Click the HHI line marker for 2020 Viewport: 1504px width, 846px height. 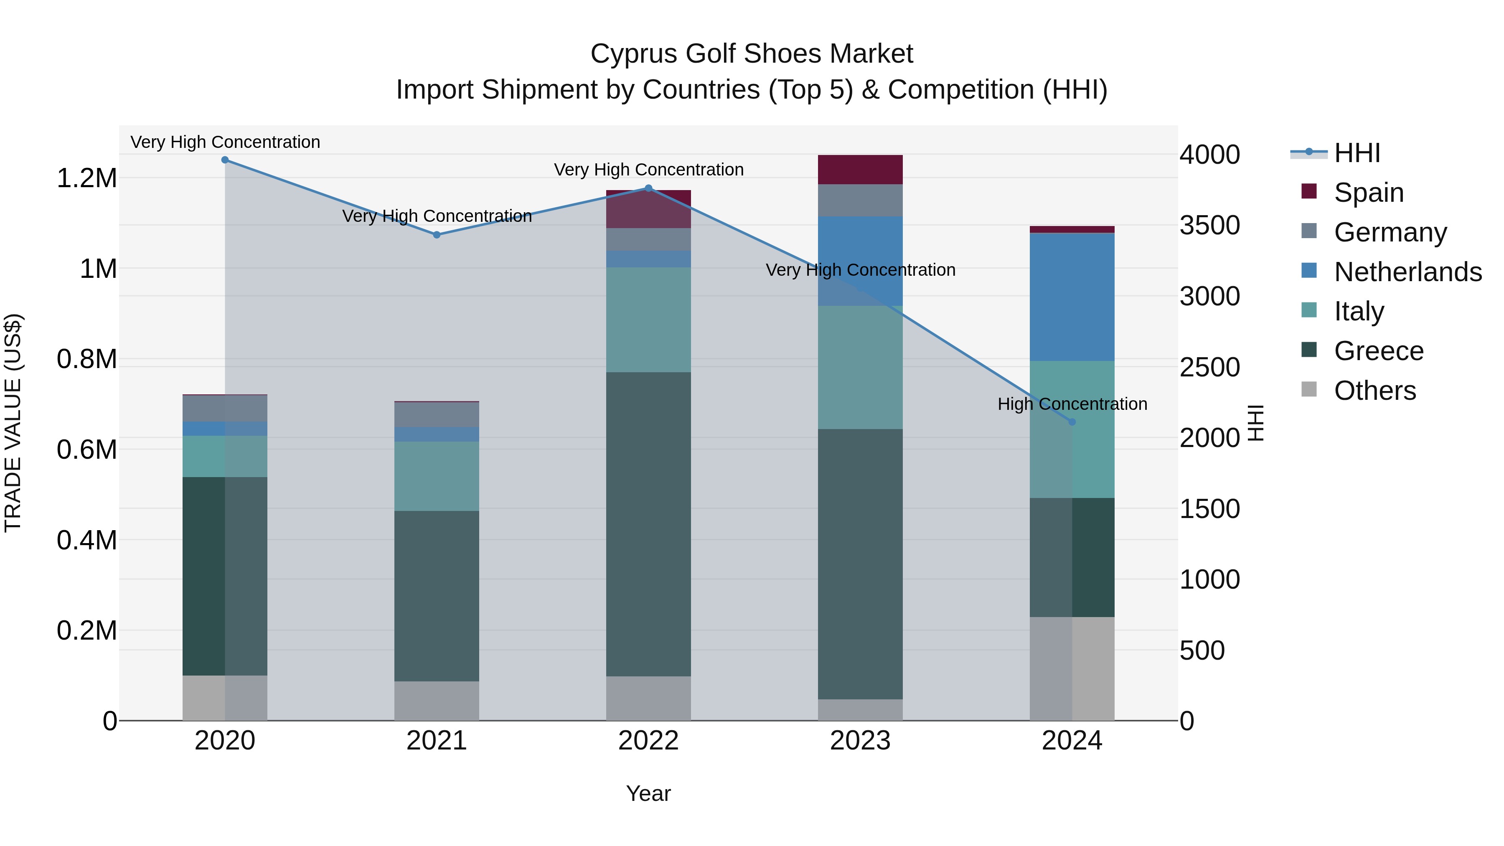click(x=225, y=160)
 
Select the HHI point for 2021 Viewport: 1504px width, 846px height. click(x=437, y=235)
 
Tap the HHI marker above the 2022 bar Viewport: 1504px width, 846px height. click(x=648, y=188)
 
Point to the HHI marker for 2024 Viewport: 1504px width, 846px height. click(x=1072, y=422)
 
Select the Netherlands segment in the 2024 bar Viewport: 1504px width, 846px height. click(x=1072, y=297)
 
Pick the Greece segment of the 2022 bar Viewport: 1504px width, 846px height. click(x=648, y=524)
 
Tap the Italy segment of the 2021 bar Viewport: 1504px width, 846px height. click(x=437, y=476)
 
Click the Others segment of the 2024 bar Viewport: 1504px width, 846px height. click(x=1072, y=668)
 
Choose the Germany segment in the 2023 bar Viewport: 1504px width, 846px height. click(x=860, y=200)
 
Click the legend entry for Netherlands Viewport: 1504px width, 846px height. click(x=1407, y=272)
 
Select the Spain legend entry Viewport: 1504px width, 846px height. click(x=1369, y=193)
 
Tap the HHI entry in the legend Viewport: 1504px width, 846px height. click(x=1357, y=153)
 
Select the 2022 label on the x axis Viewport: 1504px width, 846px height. click(x=648, y=741)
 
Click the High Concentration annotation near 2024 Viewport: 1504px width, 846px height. click(x=1072, y=404)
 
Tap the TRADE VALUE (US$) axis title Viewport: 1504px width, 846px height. click(x=13, y=423)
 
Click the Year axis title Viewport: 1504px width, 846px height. click(x=648, y=793)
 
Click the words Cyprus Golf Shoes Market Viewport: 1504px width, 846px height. click(x=752, y=54)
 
